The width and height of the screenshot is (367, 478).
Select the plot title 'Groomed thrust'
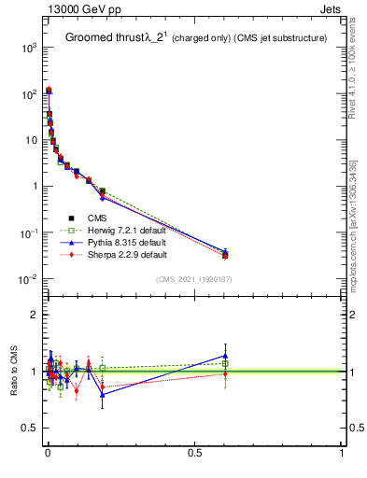pyautogui.click(x=102, y=37)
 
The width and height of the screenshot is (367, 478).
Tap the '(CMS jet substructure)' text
pyautogui.click(x=280, y=38)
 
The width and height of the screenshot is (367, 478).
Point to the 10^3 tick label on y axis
pyautogui.click(x=28, y=48)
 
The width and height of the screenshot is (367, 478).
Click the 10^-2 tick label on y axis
pyautogui.click(x=28, y=279)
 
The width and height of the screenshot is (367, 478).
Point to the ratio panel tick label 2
pyautogui.click(x=35, y=315)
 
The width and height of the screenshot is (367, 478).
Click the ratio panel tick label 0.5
pyautogui.click(x=31, y=429)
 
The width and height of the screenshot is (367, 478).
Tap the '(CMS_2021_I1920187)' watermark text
pyautogui.click(x=194, y=278)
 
